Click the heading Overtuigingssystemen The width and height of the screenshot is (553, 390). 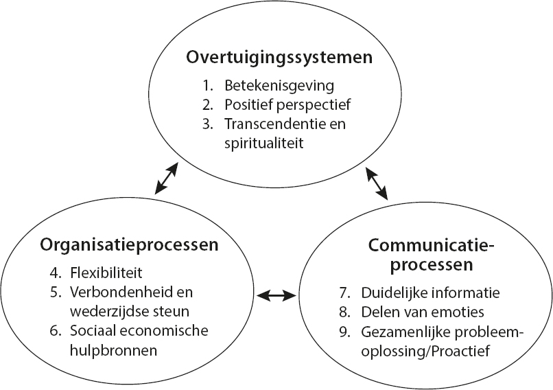[279, 58]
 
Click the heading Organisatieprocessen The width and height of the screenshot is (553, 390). [130, 244]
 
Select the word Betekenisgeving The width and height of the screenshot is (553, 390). [279, 86]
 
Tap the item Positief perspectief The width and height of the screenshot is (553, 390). [287, 105]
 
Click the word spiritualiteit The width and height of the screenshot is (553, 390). [263, 144]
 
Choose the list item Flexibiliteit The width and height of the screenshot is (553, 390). [106, 273]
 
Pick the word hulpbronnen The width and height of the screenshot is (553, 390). [113, 350]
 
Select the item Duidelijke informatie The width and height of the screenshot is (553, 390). [431, 292]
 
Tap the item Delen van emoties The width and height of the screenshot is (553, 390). [423, 312]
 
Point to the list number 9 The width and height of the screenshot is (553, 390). [344, 332]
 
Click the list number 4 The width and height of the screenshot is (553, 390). [56, 273]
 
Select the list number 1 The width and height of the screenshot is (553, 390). [208, 86]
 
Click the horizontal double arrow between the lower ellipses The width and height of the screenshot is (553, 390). [276, 296]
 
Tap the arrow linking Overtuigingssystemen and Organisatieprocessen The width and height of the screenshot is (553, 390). [167, 179]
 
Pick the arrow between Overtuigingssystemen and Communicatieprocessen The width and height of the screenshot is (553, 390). [376, 183]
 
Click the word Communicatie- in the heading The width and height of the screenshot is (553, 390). [432, 245]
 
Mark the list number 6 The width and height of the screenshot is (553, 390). [56, 331]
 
